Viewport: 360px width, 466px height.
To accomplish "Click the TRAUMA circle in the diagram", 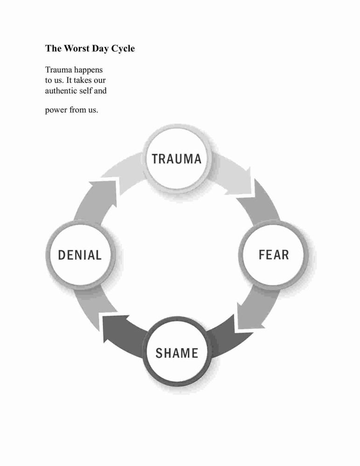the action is pyautogui.click(x=177, y=158).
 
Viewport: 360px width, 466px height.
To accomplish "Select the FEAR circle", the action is pyautogui.click(x=273, y=255).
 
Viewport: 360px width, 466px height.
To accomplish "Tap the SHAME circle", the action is pyautogui.click(x=177, y=352).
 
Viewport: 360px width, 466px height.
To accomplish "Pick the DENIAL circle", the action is pyautogui.click(x=80, y=255).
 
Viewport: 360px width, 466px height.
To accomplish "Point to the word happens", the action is pyautogui.click(x=88, y=70).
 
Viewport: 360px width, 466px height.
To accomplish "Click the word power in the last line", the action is pyautogui.click(x=56, y=110).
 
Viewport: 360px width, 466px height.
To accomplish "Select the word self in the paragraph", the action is pyautogui.click(x=86, y=90).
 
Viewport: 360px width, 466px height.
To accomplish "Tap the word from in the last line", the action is pyautogui.click(x=77, y=110).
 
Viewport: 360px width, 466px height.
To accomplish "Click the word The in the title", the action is pyautogui.click(x=53, y=48).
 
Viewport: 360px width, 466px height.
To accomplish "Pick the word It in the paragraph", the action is pyautogui.click(x=69, y=80).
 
